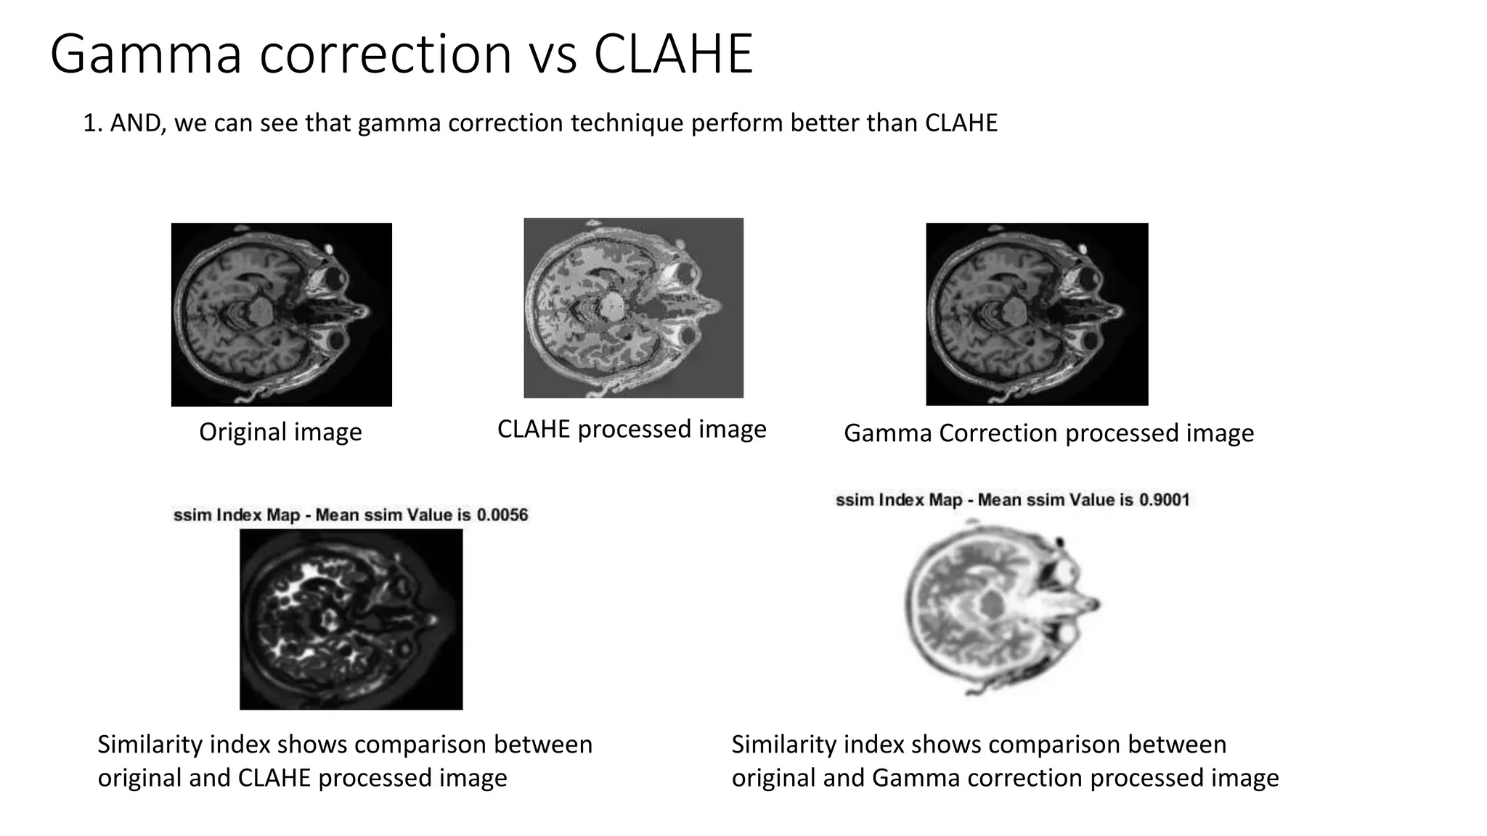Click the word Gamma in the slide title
[145, 55]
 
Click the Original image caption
[280, 433]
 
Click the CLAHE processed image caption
[632, 430]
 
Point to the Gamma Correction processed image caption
[1048, 433]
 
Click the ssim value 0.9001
[1164, 500]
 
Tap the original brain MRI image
[282, 314]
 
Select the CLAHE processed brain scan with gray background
[633, 308]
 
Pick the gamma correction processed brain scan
[1037, 314]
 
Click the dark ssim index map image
[351, 619]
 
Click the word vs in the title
[553, 55]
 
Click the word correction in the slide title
[386, 55]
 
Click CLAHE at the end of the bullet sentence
[961, 123]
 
